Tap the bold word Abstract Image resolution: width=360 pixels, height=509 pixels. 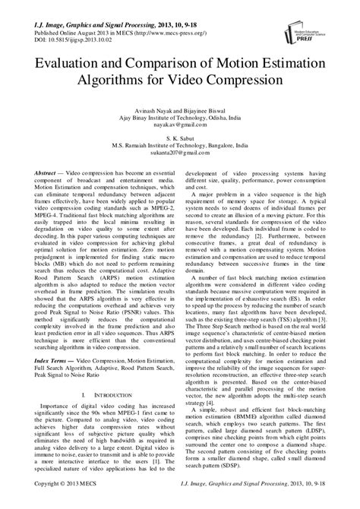43,173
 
